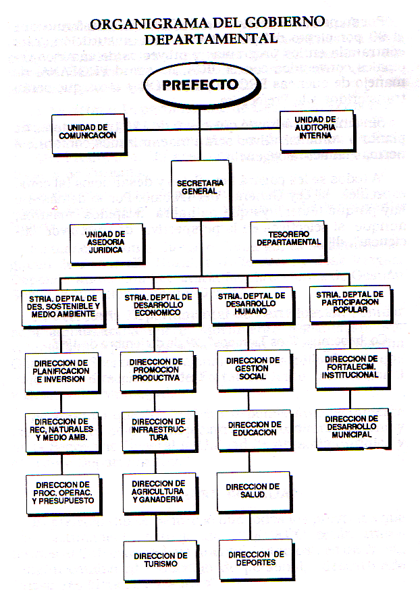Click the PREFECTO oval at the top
[x=200, y=86]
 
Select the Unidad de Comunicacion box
[x=88, y=132]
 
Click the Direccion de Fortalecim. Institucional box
[x=351, y=367]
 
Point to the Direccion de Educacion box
[x=253, y=429]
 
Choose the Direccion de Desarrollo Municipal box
[x=351, y=427]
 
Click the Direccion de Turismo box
[x=160, y=560]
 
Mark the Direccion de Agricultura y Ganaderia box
[x=157, y=491]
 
